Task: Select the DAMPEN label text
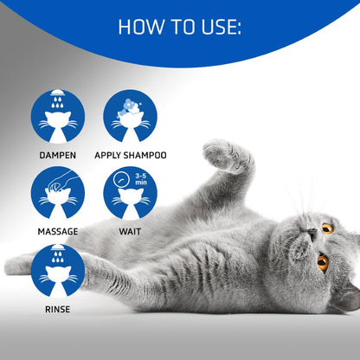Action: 57,156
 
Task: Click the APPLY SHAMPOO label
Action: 135,156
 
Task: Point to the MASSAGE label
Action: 57,232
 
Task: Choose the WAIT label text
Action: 130,232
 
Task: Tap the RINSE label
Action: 57,308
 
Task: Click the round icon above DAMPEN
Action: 57,117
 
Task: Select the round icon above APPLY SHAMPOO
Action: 130,117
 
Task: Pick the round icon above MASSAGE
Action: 57,193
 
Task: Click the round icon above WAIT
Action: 130,193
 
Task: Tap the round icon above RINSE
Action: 57,270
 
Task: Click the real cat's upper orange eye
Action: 327,228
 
